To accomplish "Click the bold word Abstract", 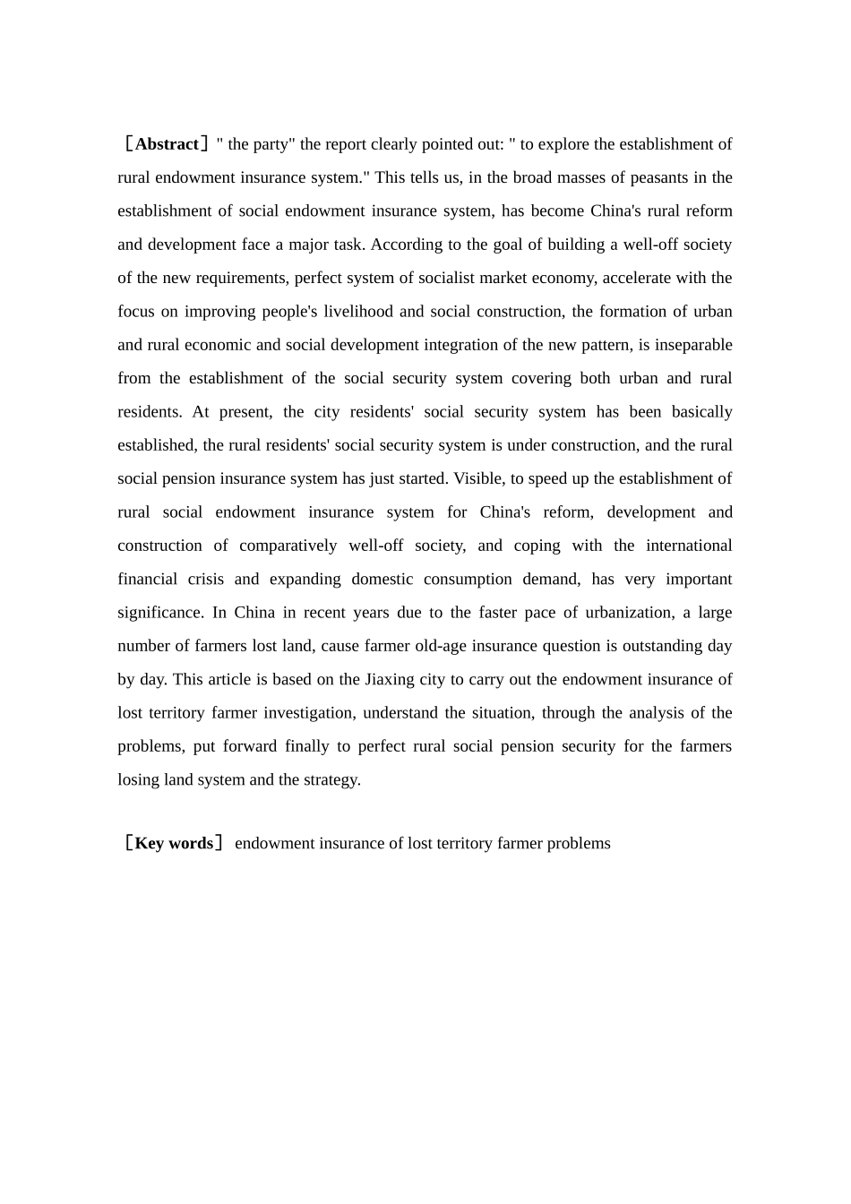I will [x=167, y=144].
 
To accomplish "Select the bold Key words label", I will [x=174, y=843].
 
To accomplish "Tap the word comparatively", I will [x=288, y=546].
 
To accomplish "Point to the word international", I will [x=689, y=546].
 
